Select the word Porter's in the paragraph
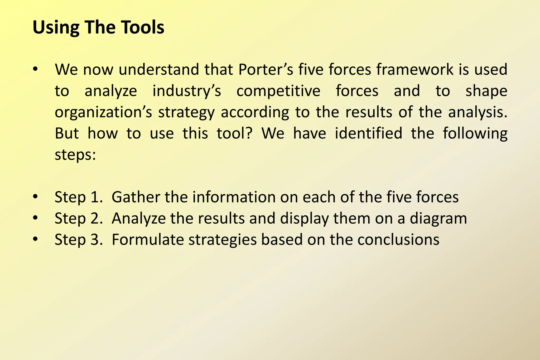coord(266,70)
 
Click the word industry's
coord(187,91)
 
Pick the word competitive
coord(278,91)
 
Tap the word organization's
coord(103,112)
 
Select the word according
coord(255,112)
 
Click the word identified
coord(369,133)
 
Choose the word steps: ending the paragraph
coord(75,155)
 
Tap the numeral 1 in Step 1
coord(94,197)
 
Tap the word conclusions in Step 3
coord(398,240)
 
